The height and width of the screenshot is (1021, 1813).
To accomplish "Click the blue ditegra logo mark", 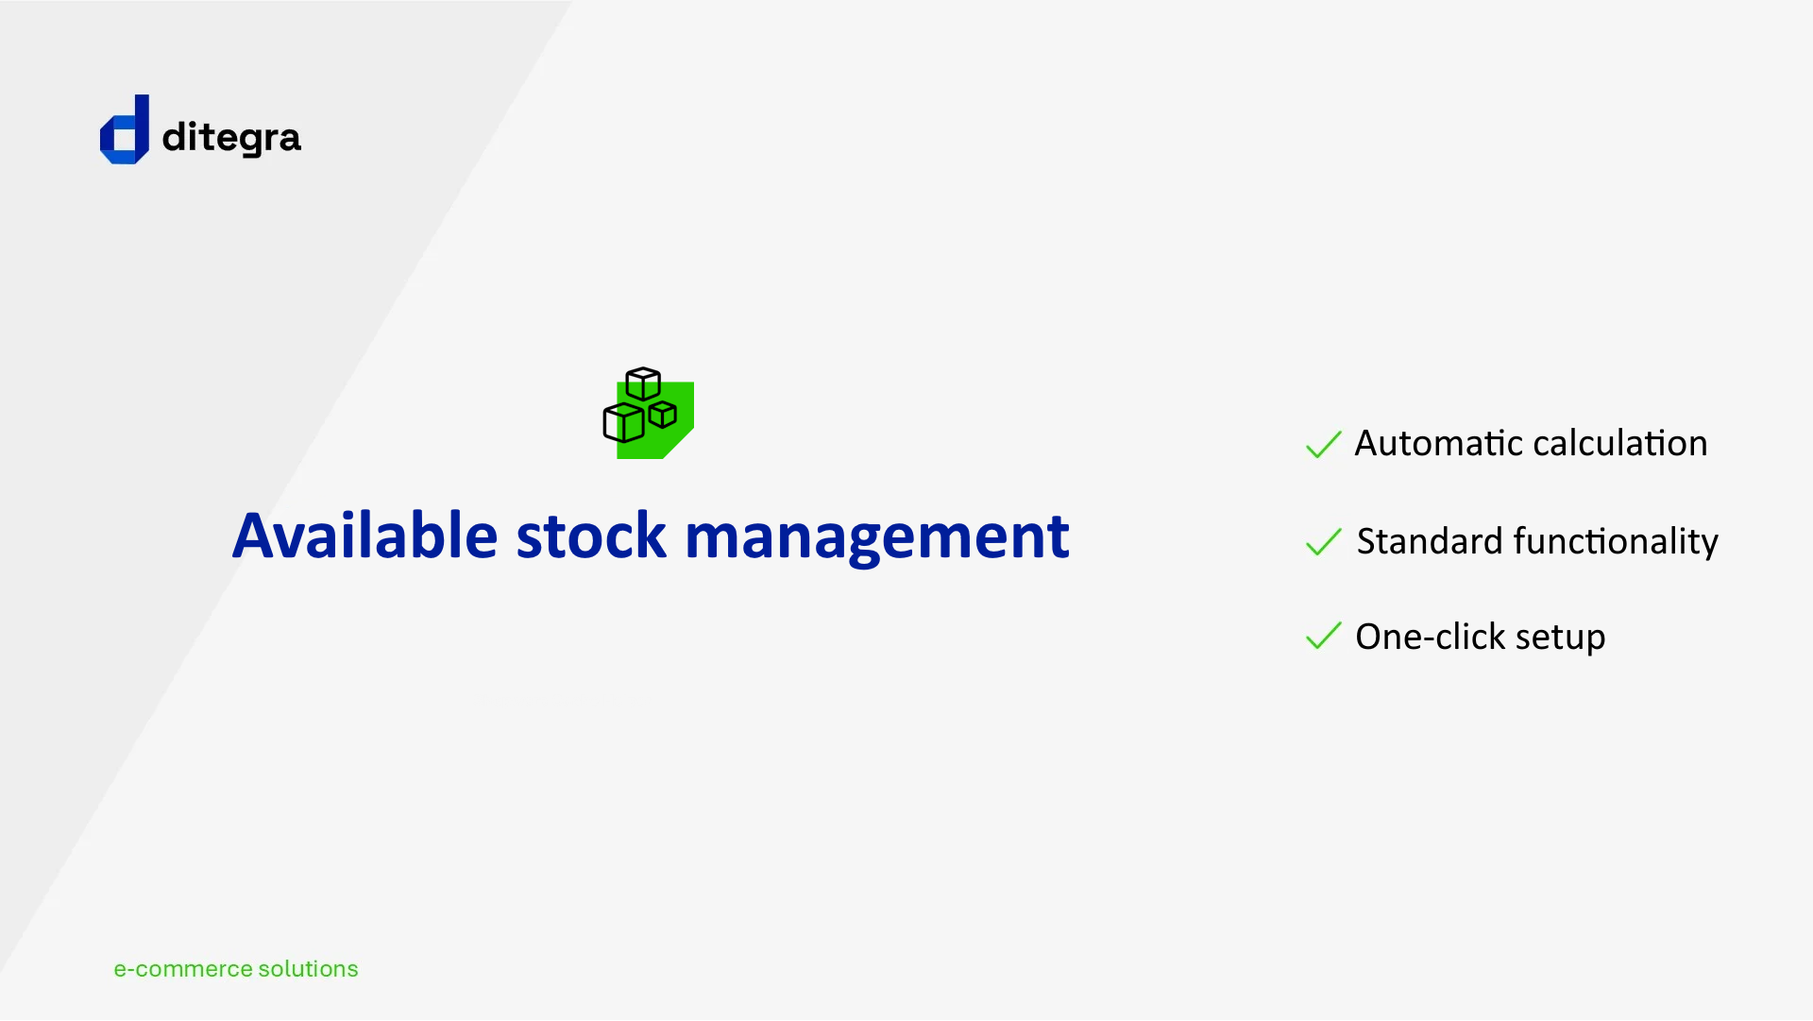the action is pos(125,129).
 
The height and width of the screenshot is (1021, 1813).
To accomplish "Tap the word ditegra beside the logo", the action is pos(231,138).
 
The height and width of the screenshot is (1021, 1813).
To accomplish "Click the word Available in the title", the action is pos(364,536).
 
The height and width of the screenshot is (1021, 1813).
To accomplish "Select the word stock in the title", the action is pos(591,536).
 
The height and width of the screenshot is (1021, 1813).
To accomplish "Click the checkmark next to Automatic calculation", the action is pos(1323,444).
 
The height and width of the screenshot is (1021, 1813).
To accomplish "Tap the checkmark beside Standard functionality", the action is pos(1323,542).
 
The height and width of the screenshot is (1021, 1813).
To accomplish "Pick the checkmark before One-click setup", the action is pos(1323,637).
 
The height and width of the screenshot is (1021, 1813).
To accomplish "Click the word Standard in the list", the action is pos(1429,541).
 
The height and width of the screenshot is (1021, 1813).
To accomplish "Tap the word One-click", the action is pos(1431,637).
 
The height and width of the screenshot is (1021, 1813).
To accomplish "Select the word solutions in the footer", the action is pos(309,969).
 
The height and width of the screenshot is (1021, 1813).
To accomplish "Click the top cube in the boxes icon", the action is pos(643,383).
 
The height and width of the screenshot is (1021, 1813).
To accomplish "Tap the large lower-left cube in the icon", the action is pos(623,422).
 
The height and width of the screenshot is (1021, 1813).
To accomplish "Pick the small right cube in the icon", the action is pos(663,414).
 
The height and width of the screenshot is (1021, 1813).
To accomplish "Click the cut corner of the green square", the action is pos(678,444).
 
